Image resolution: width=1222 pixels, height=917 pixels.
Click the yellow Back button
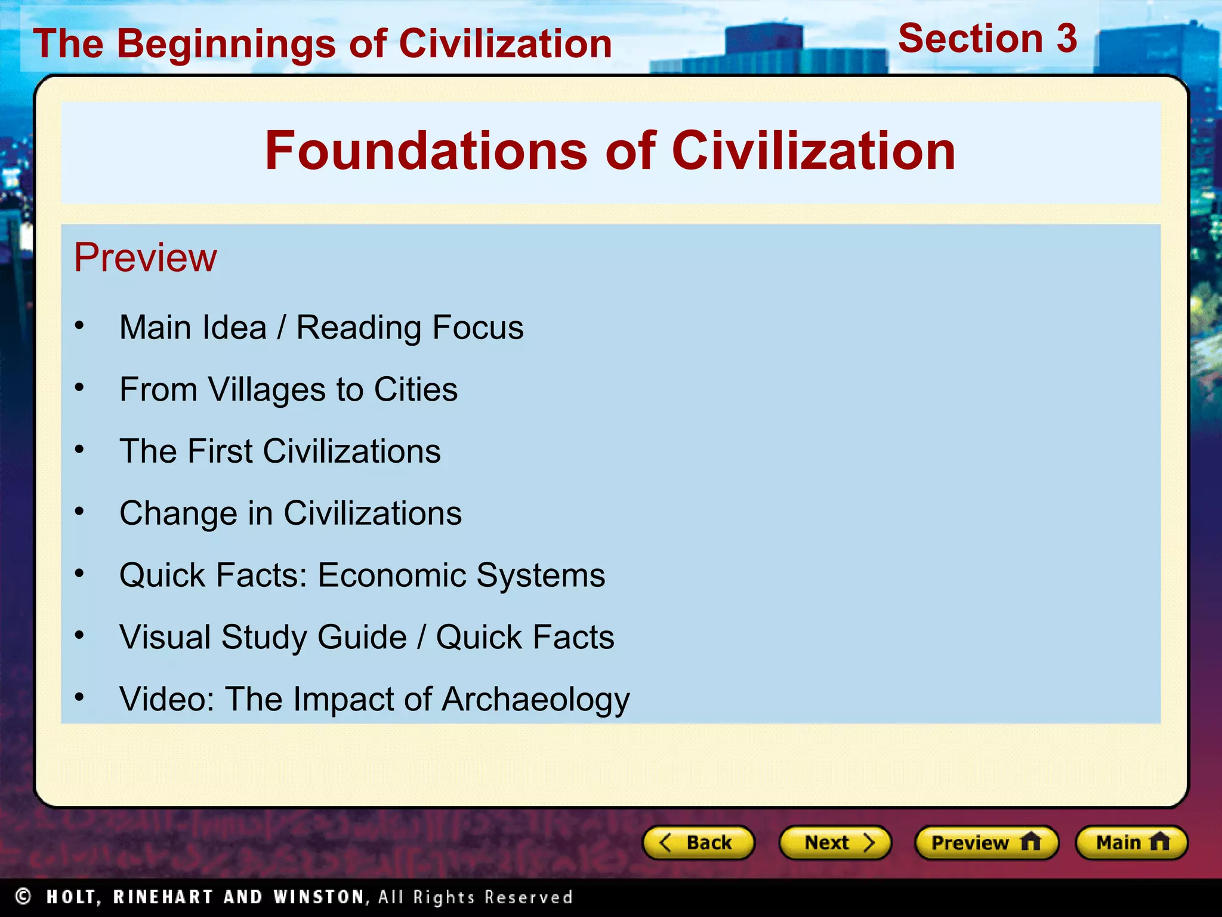pyautogui.click(x=698, y=842)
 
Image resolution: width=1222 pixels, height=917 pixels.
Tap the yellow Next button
pyautogui.click(x=835, y=842)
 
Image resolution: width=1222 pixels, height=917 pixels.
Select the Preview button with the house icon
pyautogui.click(x=986, y=842)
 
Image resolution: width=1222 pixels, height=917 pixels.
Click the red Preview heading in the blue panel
pyautogui.click(x=145, y=258)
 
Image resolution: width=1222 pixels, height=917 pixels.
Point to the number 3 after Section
pyautogui.click(x=1066, y=39)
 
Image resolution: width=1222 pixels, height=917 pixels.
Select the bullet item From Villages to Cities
pyautogui.click(x=288, y=389)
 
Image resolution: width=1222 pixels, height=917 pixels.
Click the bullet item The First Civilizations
pyautogui.click(x=280, y=451)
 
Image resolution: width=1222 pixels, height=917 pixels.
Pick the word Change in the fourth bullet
pyautogui.click(x=178, y=513)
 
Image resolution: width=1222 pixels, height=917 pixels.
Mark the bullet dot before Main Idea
pyautogui.click(x=79, y=326)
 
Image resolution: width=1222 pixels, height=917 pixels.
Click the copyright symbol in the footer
pyautogui.click(x=23, y=896)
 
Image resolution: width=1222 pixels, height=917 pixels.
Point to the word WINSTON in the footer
pyautogui.click(x=319, y=897)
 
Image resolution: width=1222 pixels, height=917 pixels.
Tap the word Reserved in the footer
pyautogui.click(x=528, y=897)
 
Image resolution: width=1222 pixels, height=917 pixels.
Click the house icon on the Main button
pyautogui.click(x=1159, y=842)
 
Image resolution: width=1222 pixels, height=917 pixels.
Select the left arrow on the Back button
pyautogui.click(x=665, y=842)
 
